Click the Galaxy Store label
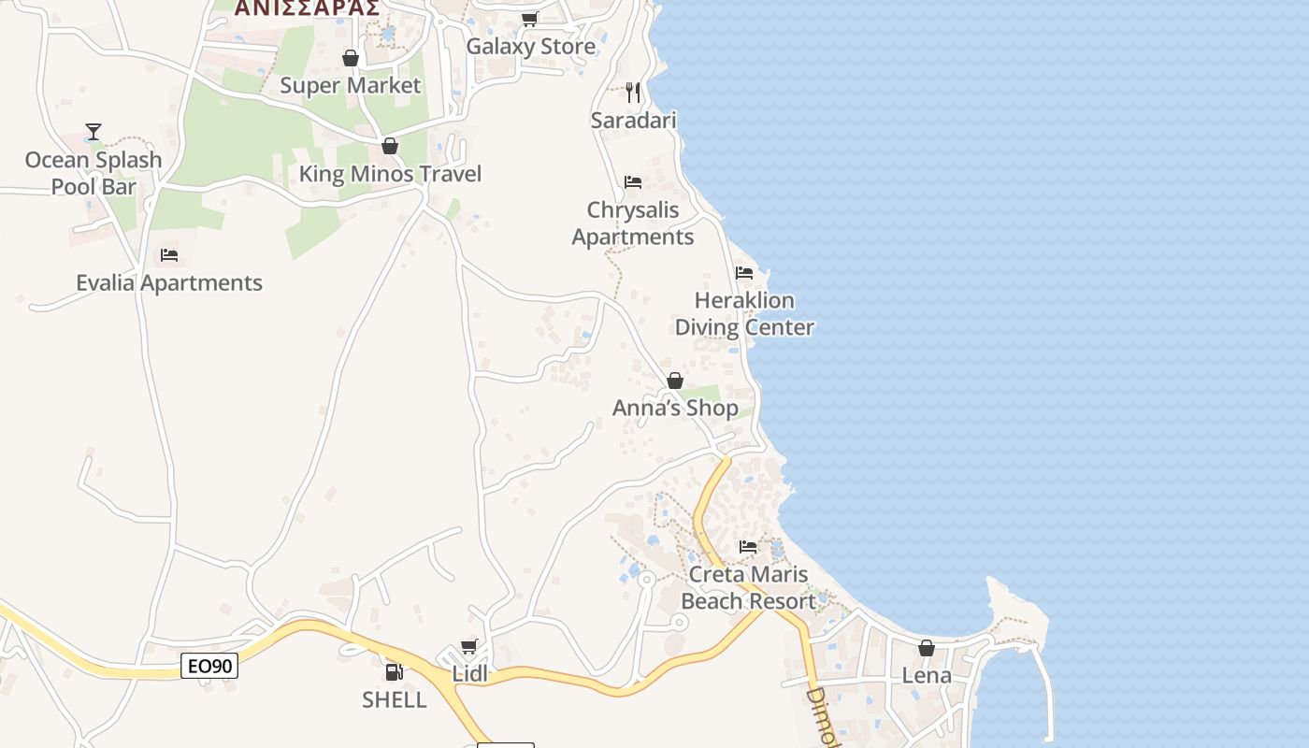[x=530, y=47]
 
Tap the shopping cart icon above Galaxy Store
[x=530, y=19]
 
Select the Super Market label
[x=351, y=86]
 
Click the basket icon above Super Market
[x=351, y=59]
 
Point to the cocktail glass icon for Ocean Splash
[x=93, y=132]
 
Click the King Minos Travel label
[x=390, y=174]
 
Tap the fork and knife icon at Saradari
[x=633, y=92]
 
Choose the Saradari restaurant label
[x=633, y=121]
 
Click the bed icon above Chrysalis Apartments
[x=633, y=181]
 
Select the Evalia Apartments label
[x=169, y=283]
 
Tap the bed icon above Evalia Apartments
[x=169, y=254]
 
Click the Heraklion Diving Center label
[x=744, y=314]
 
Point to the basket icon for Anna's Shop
[x=675, y=381]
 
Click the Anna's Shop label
[x=675, y=409]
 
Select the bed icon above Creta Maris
[x=748, y=547]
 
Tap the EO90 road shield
[x=209, y=667]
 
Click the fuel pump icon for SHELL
[x=395, y=671]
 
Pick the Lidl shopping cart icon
[x=469, y=647]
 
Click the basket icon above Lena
[x=927, y=648]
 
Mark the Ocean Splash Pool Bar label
[x=93, y=173]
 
